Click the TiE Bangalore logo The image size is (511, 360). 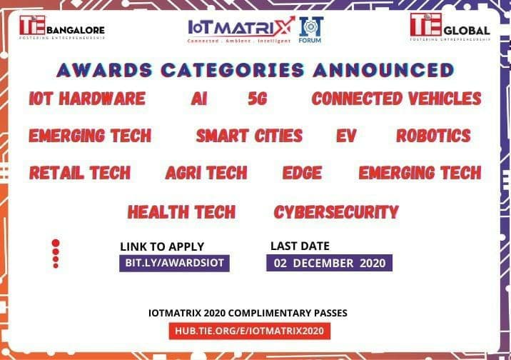tap(62, 28)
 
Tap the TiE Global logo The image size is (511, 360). tap(450, 28)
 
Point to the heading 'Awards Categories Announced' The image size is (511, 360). tap(255, 70)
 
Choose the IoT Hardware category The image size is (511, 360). tap(87, 99)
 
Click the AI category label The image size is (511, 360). tap(199, 99)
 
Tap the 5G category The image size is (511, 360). tap(257, 99)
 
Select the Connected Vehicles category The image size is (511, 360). tap(396, 99)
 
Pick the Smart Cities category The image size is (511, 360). tap(249, 136)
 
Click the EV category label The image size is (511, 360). tap(347, 136)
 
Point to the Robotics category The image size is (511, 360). tap(433, 136)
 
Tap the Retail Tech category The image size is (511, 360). tap(80, 173)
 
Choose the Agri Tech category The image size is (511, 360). tap(206, 173)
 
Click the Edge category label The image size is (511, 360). tap(302, 173)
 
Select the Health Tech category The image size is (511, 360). tap(181, 212)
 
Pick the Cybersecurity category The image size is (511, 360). tap(336, 212)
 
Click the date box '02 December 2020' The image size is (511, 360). tap(329, 263)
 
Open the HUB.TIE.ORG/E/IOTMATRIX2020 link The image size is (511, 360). tap(250, 331)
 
